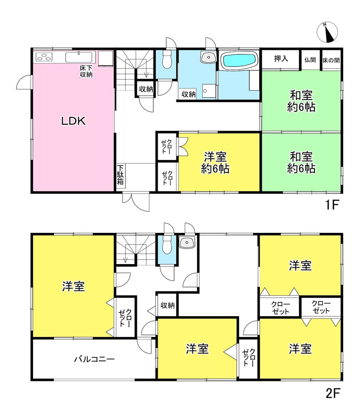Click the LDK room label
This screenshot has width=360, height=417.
point(73,121)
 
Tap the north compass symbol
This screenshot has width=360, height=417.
point(327,32)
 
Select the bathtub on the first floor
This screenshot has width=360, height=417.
point(239,60)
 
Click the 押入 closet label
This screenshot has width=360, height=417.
point(281,59)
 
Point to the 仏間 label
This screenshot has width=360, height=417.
point(310,60)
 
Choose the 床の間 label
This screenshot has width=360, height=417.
point(331,60)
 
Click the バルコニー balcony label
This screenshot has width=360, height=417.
point(94,359)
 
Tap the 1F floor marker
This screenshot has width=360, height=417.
point(332,205)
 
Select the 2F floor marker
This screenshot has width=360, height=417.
point(333,393)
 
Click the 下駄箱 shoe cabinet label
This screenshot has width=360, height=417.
point(120,175)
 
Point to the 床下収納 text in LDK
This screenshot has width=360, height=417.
point(86,71)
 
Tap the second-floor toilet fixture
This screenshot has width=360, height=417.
point(167,245)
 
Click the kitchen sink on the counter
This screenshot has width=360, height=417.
point(79,57)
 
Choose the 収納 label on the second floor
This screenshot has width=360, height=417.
point(168,305)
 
